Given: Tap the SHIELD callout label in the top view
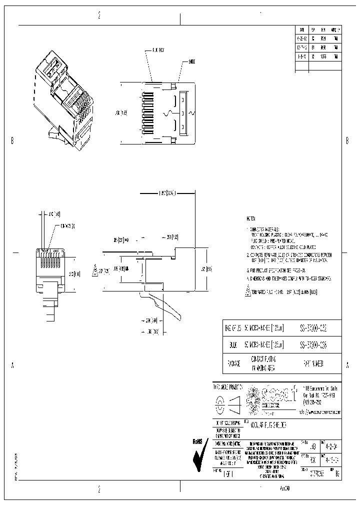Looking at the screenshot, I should point(192,61).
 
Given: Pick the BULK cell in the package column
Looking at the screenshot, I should point(232,345).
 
